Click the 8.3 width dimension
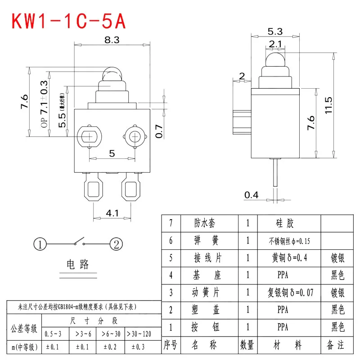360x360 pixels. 112,40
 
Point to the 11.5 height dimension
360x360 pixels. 329,105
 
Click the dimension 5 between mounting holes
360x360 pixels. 112,153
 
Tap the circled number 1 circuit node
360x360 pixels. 40,244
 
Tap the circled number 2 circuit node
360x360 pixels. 116,244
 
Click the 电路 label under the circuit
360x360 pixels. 78,264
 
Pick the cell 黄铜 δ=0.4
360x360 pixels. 284,258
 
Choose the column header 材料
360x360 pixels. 284,345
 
